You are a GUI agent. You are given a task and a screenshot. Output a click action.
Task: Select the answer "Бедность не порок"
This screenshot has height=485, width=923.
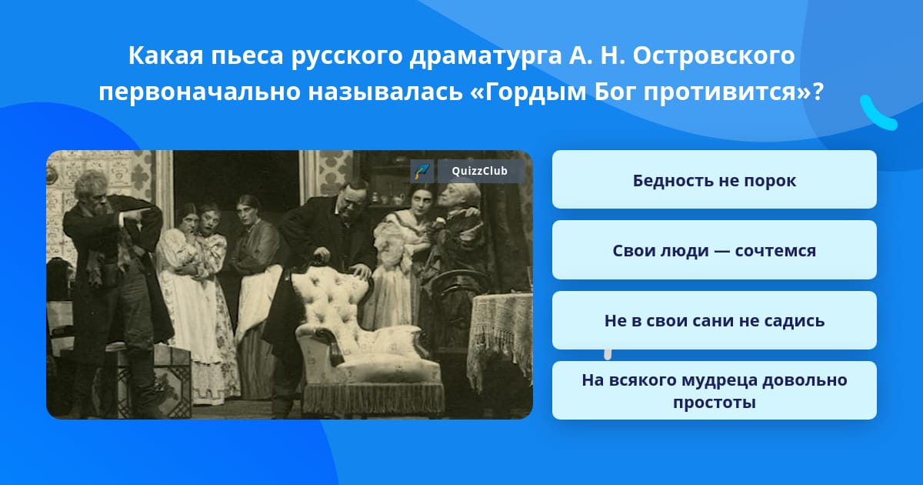[714, 179]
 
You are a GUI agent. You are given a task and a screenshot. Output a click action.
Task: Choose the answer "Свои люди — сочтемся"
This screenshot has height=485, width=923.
[714, 250]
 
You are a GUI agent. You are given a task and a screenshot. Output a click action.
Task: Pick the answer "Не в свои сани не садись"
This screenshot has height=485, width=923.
[714, 320]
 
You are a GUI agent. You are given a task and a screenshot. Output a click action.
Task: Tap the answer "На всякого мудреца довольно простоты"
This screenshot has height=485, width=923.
[714, 390]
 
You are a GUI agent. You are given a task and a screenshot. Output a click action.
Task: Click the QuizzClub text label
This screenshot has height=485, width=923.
[480, 171]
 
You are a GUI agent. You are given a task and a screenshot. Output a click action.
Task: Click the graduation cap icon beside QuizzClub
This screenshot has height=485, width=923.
[422, 171]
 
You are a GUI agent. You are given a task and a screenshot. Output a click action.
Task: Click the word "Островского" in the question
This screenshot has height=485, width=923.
[714, 55]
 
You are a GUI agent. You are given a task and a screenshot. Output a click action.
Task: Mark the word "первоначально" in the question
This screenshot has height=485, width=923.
[200, 92]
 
